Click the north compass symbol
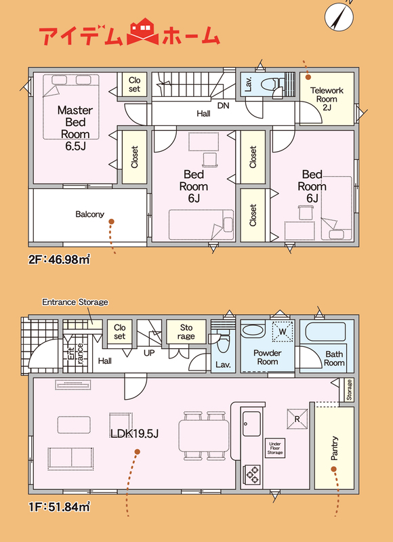point(339,16)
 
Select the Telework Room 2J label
point(327,99)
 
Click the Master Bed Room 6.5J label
point(75,128)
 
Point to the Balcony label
point(90,214)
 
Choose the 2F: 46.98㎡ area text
point(59,259)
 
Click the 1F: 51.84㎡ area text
point(59,507)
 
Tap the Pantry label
point(334,448)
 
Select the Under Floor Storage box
point(275,448)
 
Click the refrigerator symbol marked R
point(297,419)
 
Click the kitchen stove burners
point(251,475)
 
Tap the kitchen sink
point(251,423)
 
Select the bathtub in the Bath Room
point(326,332)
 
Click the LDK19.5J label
point(134,434)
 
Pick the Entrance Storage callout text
point(75,302)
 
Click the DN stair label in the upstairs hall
point(224,106)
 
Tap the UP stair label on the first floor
point(149,353)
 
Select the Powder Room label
point(267,358)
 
